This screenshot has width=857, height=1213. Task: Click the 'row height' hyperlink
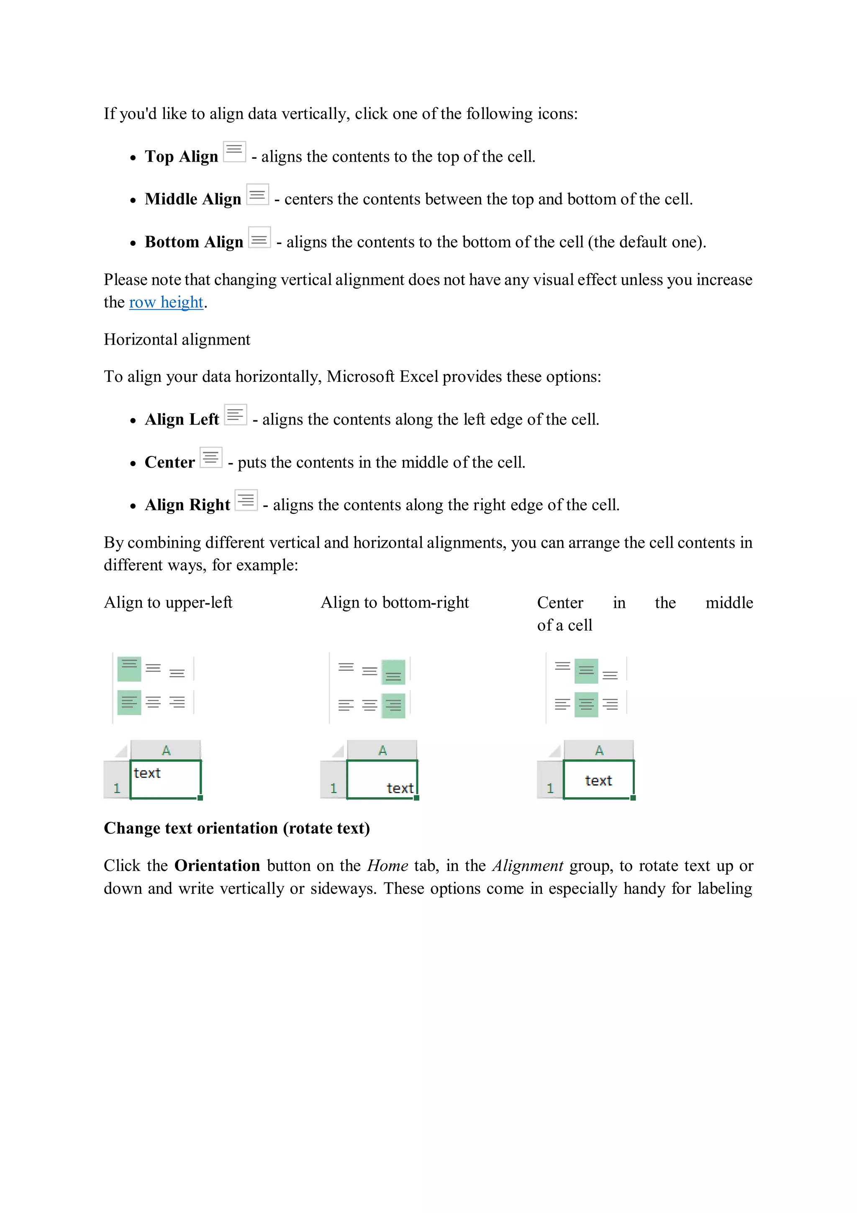pos(166,302)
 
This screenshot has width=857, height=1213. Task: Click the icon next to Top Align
pos(234,152)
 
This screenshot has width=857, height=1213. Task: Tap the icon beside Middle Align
pos(257,194)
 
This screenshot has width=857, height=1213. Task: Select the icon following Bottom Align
pos(259,237)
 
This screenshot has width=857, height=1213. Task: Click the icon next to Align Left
pos(235,415)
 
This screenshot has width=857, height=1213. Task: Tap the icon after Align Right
pos(246,500)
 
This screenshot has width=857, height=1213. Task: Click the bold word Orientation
pos(217,865)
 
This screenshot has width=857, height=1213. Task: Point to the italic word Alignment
pos(528,865)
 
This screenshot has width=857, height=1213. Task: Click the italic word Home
pos(387,865)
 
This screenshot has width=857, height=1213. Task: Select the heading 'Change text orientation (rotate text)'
pos(236,828)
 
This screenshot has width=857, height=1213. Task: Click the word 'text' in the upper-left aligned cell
pos(147,773)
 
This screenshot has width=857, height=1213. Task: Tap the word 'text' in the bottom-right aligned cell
pos(400,788)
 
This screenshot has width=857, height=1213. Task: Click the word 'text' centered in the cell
pos(598,780)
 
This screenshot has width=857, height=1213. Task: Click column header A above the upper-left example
pos(166,750)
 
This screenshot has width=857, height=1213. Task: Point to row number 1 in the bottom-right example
pos(333,788)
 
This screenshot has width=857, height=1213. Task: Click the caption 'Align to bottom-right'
pos(395,602)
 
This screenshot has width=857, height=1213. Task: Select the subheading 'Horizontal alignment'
pos(177,339)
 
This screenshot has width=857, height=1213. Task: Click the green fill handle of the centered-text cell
pos(633,798)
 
